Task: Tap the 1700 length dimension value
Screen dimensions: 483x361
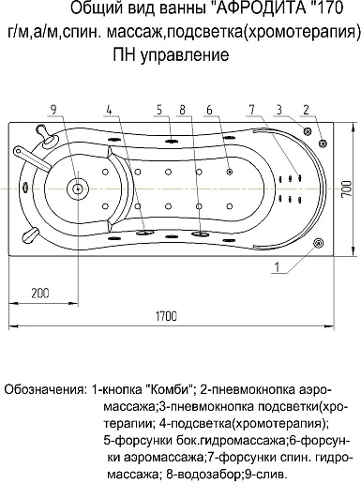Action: [x=167, y=316]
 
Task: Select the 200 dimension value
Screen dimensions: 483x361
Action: [x=39, y=294]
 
